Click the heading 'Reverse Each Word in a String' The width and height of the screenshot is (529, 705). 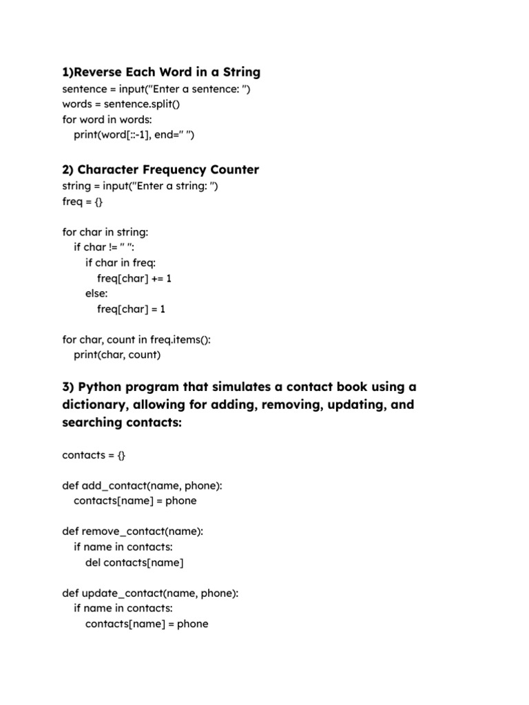tap(161, 72)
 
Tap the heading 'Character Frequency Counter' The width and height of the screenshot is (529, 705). tap(168, 169)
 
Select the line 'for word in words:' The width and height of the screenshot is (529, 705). tap(107, 119)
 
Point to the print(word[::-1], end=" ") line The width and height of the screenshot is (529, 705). tap(134, 135)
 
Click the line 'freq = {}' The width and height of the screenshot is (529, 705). tap(83, 202)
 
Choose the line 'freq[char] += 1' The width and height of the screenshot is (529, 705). tap(134, 278)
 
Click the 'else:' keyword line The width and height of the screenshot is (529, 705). tap(96, 294)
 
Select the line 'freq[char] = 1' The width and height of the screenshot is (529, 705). tap(131, 309)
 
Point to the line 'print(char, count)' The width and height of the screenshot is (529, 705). tap(117, 355)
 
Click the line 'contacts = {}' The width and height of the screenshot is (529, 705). tap(94, 455)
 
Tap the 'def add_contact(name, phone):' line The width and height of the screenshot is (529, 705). tap(143, 485)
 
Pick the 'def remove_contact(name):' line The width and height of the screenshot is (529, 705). tap(133, 532)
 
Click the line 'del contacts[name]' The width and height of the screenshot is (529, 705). tap(134, 562)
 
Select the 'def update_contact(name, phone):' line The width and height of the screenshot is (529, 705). tap(150, 593)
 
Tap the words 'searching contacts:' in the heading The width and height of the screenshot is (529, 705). tap(122, 422)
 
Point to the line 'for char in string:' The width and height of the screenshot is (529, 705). tap(105, 232)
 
